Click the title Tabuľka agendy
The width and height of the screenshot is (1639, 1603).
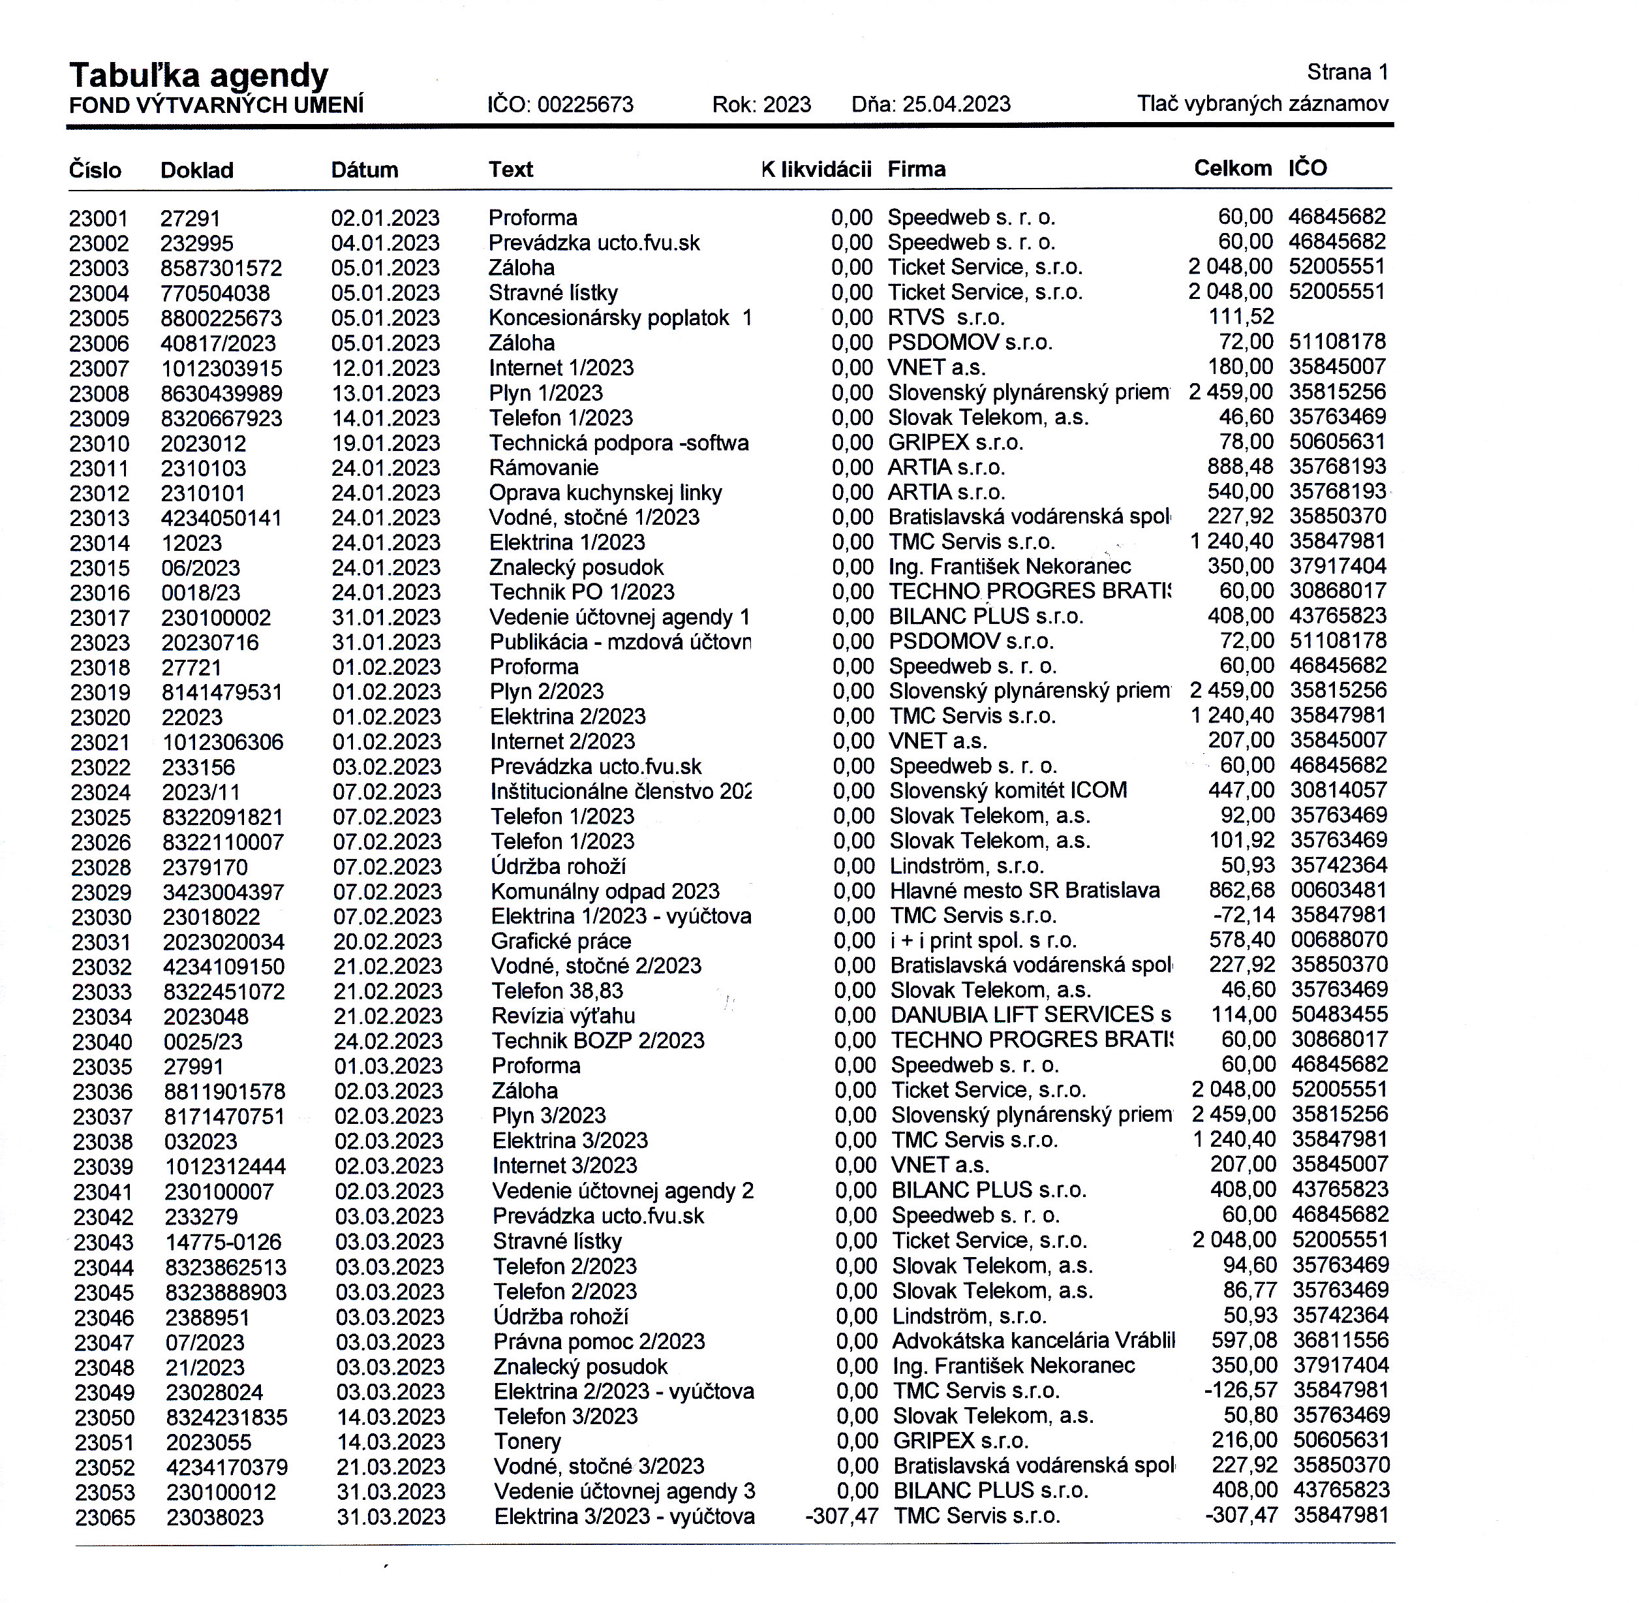tap(198, 75)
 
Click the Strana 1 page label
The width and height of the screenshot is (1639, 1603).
tap(1347, 72)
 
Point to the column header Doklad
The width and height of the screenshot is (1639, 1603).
tap(197, 170)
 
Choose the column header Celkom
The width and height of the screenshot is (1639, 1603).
tap(1233, 168)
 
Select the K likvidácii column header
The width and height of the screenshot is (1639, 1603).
tap(816, 169)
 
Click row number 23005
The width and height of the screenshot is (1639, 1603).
tap(99, 319)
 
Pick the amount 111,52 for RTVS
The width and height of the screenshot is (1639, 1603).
tap(1241, 317)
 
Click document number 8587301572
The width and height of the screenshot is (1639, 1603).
tap(221, 268)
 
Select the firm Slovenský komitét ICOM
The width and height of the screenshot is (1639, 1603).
tap(1007, 790)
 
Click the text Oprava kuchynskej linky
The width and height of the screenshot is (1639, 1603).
tap(605, 493)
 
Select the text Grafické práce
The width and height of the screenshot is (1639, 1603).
tap(560, 941)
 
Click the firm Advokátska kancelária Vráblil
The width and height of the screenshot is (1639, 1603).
tap(1033, 1341)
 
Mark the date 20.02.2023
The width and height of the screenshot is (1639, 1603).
tap(387, 941)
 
